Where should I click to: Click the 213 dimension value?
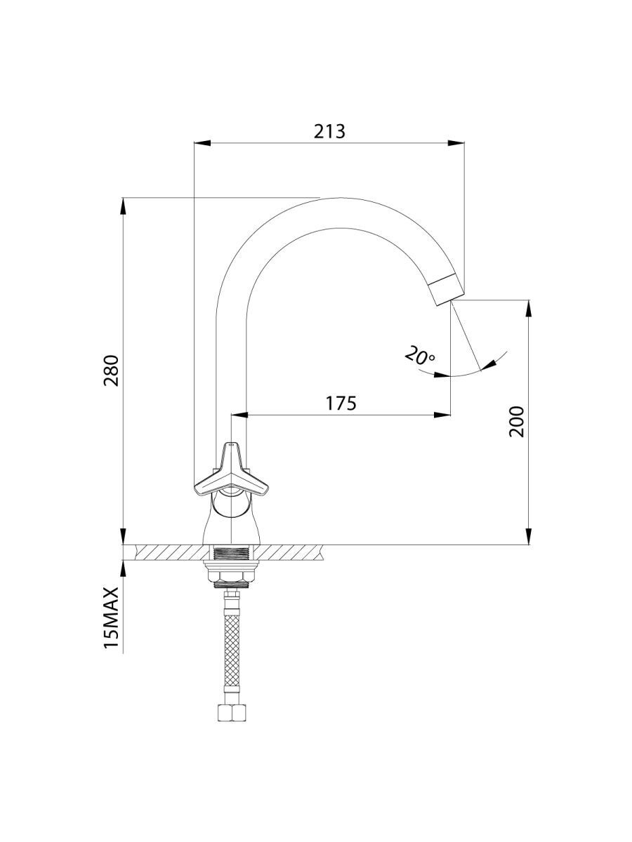point(329,131)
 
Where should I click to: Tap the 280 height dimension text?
point(112,370)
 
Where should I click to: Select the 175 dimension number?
point(341,403)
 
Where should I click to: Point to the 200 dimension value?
point(517,421)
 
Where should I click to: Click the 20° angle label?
point(420,356)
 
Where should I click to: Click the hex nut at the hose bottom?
point(232,713)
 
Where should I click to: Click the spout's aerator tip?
point(447,290)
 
